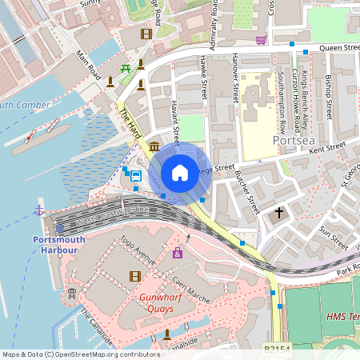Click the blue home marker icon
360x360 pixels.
(x=180, y=173)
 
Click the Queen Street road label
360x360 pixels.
(x=338, y=48)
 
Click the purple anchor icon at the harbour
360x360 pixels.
(x=38, y=210)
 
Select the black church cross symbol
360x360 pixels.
(x=279, y=213)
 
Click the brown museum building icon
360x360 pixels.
(x=153, y=147)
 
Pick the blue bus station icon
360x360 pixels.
(x=136, y=176)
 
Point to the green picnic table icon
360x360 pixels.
(x=126, y=69)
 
